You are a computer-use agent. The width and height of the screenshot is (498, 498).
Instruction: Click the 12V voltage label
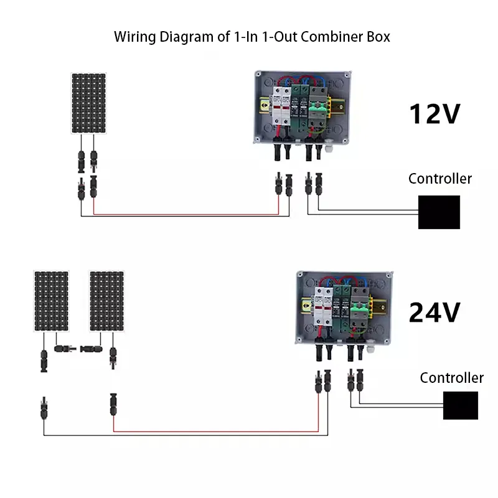(434, 114)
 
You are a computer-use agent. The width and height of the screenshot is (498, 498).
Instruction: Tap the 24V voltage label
(434, 312)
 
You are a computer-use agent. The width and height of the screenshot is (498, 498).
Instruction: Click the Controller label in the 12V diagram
(439, 179)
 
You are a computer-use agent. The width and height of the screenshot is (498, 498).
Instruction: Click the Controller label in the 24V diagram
(451, 378)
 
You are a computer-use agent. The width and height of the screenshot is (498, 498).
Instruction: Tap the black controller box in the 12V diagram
(439, 212)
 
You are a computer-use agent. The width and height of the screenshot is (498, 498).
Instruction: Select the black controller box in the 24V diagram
(460, 405)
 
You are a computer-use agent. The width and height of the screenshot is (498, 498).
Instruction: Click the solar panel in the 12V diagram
(88, 103)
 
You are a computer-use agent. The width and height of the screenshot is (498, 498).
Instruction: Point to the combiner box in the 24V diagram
(344, 306)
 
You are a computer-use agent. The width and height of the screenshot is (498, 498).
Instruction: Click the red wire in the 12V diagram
(187, 214)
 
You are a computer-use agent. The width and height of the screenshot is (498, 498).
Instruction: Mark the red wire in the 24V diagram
(218, 431)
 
